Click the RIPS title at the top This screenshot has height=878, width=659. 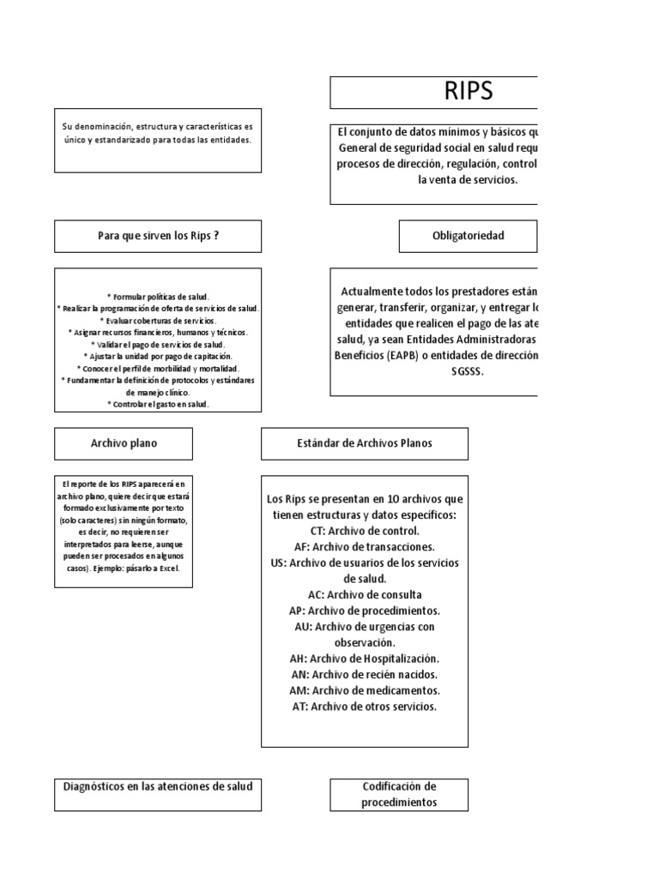pos(468,93)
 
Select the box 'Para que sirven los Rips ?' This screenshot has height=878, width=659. pos(158,236)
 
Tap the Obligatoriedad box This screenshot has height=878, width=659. pos(469,236)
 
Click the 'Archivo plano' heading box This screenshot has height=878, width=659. pos(124,443)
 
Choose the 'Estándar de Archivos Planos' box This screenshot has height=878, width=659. pos(365,443)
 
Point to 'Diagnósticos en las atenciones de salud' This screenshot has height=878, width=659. pos(158,785)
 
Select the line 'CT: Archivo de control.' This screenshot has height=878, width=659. pos(365,531)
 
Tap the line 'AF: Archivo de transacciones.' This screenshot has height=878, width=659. pos(365,546)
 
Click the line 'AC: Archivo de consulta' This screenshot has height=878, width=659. pos(365,594)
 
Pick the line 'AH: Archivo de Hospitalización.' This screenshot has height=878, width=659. pos(365,658)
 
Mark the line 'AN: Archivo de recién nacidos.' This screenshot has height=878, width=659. pos(365,675)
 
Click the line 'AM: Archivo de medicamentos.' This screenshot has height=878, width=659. pos(365,690)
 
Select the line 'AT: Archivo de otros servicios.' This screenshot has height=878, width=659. pos(365,707)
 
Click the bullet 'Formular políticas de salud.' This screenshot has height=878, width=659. pos(158,296)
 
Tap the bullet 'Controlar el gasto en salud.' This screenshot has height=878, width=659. pos(158,404)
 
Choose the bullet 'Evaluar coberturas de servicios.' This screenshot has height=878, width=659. pos(158,320)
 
